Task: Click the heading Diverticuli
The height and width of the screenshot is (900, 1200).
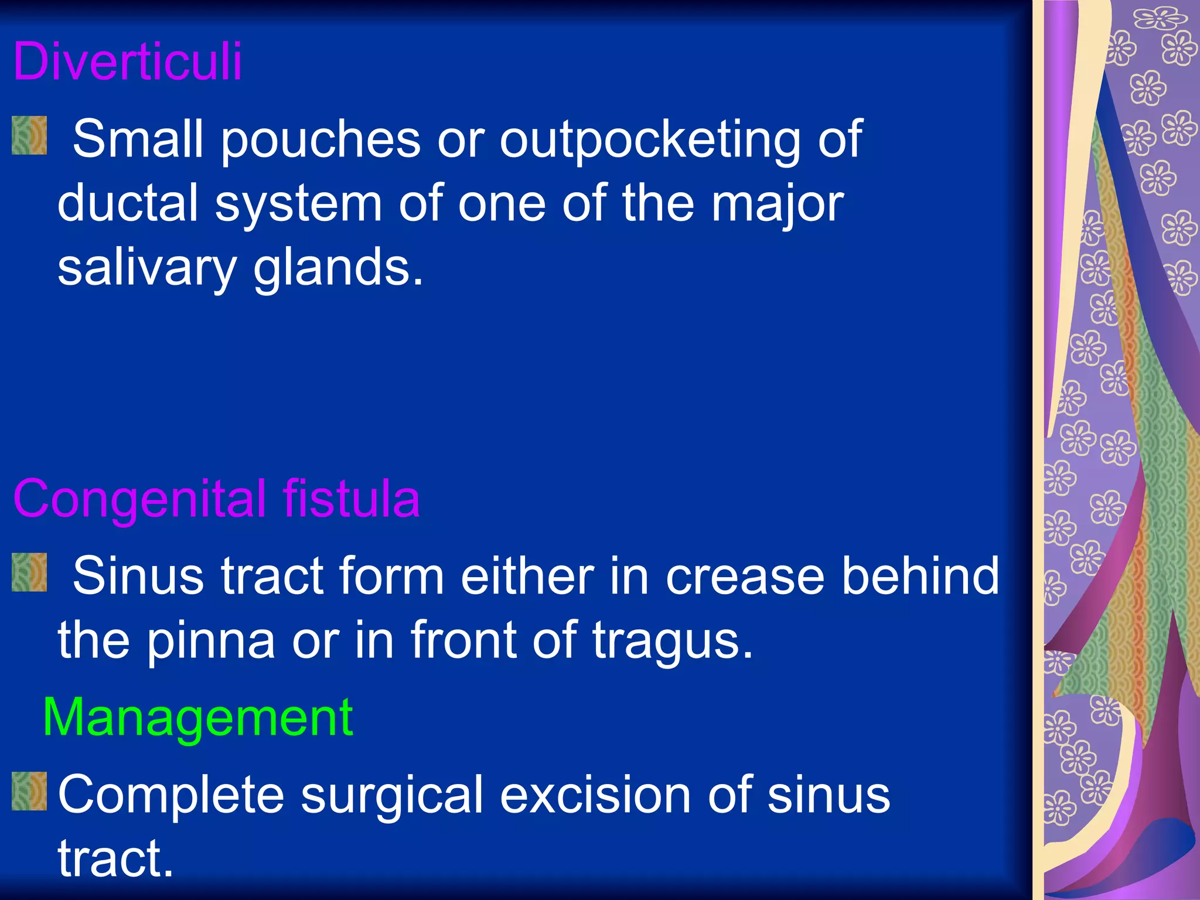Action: (127, 62)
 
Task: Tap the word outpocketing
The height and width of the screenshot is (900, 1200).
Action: (650, 139)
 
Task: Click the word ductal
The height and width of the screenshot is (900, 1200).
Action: (128, 203)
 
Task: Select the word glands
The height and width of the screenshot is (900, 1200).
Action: (337, 268)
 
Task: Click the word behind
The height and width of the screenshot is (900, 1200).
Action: (920, 575)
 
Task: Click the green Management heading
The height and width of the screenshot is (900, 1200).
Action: (197, 718)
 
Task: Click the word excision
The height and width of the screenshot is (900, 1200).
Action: (596, 795)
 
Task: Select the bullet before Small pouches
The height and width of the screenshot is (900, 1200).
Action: (29, 135)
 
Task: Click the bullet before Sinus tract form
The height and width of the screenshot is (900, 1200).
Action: (29, 572)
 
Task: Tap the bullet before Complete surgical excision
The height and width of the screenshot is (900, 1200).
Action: (29, 791)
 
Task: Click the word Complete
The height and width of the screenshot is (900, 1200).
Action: (171, 796)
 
